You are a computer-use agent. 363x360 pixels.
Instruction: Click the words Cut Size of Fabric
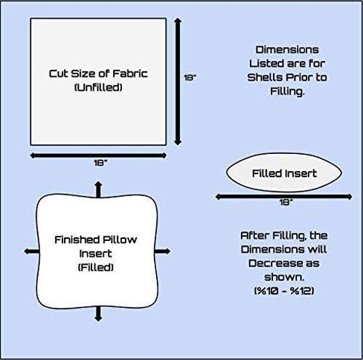(98, 74)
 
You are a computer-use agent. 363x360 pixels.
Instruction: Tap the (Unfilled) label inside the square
(98, 87)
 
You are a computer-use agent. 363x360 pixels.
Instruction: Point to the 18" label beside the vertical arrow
(190, 78)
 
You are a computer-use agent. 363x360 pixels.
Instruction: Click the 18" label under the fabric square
(100, 163)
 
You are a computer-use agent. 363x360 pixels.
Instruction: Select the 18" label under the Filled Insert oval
(286, 202)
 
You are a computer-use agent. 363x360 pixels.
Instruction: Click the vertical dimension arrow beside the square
(178, 81)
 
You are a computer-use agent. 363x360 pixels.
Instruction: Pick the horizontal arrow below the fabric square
(98, 155)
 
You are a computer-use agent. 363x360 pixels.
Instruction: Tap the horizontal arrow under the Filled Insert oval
(283, 197)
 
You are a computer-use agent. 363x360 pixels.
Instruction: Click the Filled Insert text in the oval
(284, 173)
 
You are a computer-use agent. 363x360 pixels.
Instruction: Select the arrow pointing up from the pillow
(98, 190)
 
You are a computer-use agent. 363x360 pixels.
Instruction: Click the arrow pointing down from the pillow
(98, 314)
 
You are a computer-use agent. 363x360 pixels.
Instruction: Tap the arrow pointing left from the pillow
(31, 251)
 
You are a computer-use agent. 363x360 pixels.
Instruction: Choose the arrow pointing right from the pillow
(163, 251)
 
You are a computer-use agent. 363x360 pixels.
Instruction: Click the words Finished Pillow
(95, 240)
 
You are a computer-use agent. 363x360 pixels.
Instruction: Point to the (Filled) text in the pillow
(96, 268)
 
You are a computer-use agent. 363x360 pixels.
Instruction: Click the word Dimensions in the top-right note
(287, 50)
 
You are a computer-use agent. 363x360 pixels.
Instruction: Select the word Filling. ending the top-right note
(287, 91)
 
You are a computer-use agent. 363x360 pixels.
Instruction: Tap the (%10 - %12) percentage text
(284, 291)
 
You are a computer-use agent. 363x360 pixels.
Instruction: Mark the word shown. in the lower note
(284, 277)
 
